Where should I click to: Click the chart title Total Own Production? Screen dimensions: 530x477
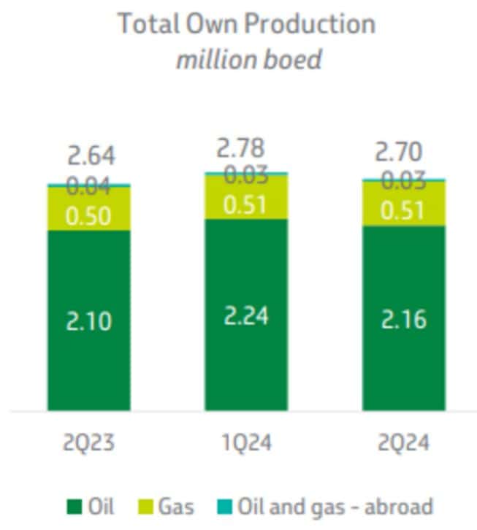coord(246,24)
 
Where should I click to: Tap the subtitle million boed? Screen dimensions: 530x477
coord(248,59)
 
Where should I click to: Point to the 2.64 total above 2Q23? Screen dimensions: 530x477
coord(91,156)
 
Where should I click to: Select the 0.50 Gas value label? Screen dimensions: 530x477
coord(89,216)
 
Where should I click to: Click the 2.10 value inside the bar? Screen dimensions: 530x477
coord(89,320)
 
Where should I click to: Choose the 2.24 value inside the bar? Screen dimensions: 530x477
coord(246,315)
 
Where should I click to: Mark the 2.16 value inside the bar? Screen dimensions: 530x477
coord(404,319)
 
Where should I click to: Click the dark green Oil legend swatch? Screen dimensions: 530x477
coord(73,506)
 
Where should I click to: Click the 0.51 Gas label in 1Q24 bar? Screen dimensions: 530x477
coord(246,204)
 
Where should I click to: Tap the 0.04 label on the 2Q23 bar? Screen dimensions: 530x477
coord(89,187)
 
